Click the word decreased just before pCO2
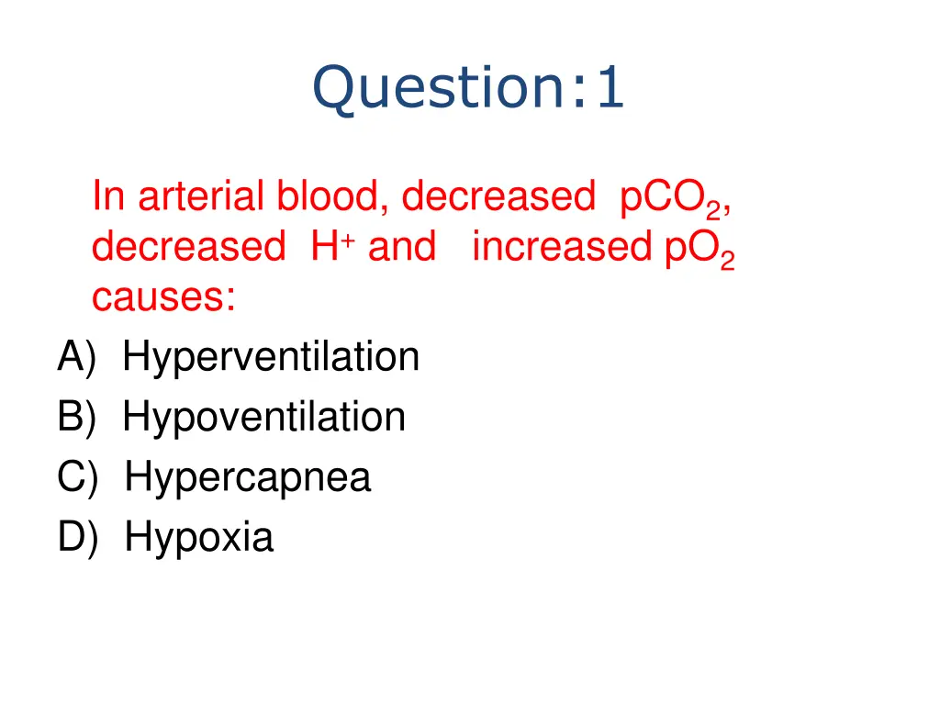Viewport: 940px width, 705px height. pos(498,196)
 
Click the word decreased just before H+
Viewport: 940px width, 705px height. pos(188,247)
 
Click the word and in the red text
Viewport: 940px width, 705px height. pos(402,247)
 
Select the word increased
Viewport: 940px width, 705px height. pos(565,247)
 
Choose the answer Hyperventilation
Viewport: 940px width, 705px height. pos(271,357)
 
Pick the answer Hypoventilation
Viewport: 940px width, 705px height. pos(264,417)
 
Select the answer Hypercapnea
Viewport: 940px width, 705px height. pos(248,477)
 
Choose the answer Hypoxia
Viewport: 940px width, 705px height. pos(199,537)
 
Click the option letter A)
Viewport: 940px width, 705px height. pos(76,357)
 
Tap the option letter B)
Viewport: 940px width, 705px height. pos(76,417)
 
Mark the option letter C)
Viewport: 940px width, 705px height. pos(76,477)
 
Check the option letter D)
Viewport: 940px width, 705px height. pos(76,537)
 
